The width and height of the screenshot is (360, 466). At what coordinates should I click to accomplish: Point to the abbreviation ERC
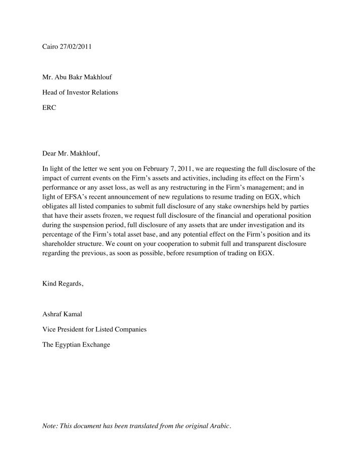pos(49,108)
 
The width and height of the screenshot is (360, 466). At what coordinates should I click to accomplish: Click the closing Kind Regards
pos(63,283)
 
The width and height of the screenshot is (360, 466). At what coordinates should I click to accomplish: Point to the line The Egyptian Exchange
pos(76,345)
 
